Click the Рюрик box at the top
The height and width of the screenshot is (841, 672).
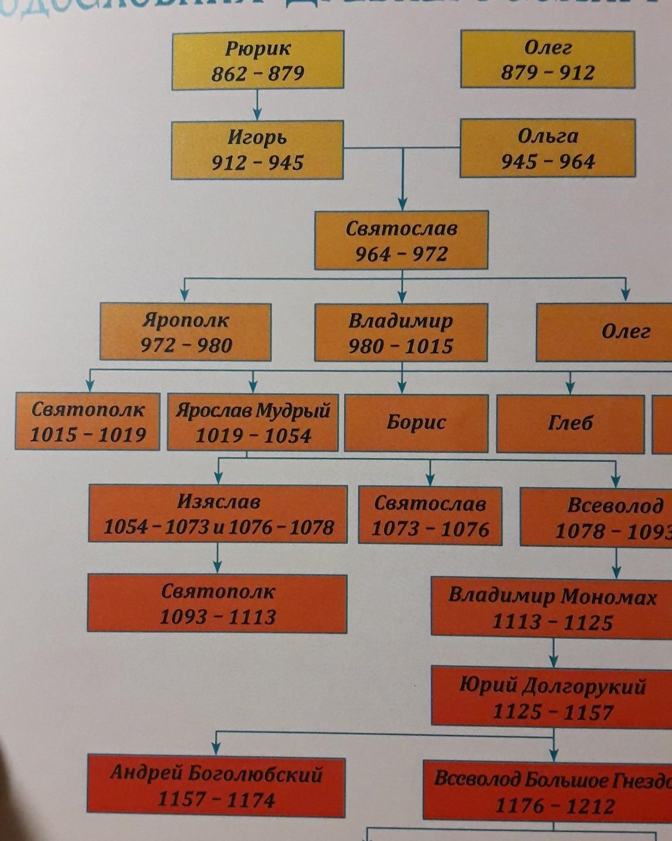[257, 60]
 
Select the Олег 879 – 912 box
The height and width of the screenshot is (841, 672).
[548, 59]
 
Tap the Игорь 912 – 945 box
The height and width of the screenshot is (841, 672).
[257, 149]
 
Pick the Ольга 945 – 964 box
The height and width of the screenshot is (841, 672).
[548, 148]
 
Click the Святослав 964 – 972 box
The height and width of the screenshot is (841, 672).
[401, 240]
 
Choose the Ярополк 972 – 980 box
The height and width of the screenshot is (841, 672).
[185, 332]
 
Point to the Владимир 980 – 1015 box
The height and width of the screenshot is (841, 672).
[401, 332]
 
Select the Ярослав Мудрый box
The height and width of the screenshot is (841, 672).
[253, 423]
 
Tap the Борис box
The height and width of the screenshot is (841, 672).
[416, 423]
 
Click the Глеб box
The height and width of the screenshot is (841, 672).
[570, 423]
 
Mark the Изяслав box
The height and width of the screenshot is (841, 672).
[218, 514]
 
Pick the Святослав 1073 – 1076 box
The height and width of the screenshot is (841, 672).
[430, 516]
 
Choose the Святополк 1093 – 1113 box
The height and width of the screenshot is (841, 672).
[217, 604]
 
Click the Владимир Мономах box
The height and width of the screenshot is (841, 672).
[552, 608]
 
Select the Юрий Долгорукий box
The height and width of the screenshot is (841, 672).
[552, 698]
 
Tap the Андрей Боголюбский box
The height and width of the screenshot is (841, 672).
[216, 787]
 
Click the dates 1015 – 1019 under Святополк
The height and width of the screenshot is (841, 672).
[88, 435]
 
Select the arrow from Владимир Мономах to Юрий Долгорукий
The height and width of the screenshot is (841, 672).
[554, 651]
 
